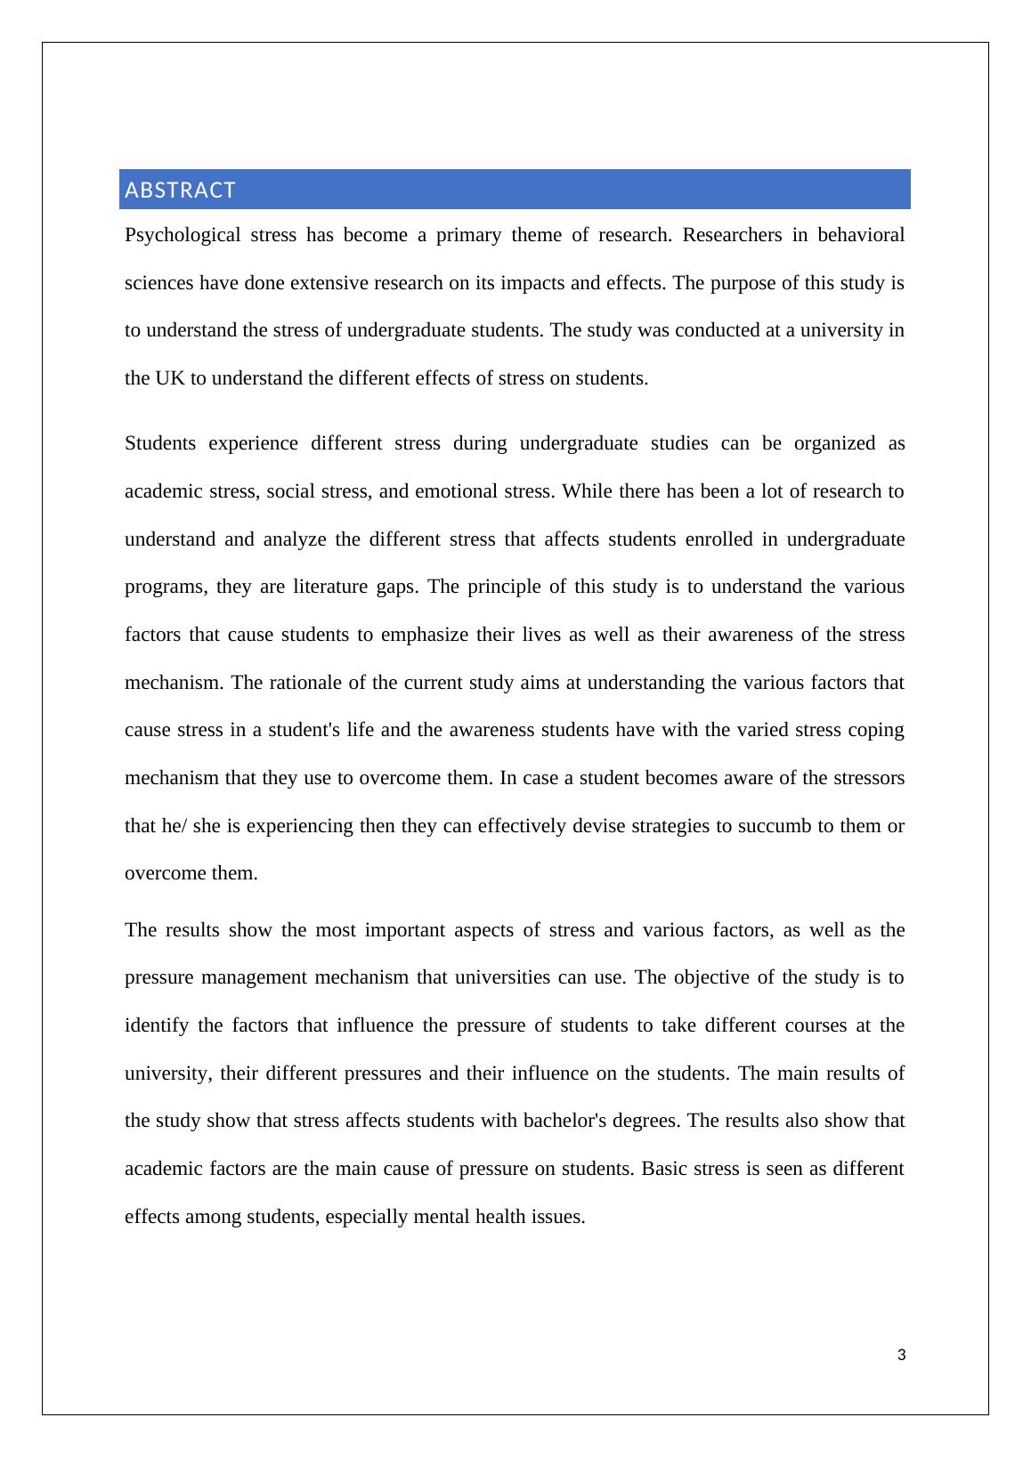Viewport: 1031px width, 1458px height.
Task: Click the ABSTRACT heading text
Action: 180,190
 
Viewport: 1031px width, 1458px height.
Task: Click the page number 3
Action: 901,1356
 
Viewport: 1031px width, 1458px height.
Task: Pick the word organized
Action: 834,443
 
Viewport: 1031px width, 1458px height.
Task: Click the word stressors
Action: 862,779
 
